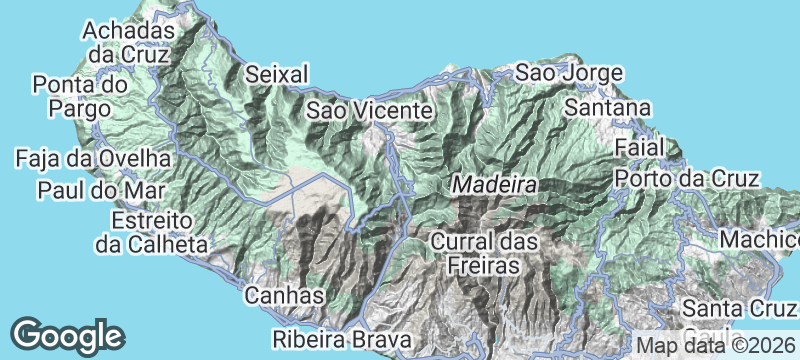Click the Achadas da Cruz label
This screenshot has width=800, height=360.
(x=130, y=41)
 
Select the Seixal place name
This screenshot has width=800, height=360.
(x=277, y=74)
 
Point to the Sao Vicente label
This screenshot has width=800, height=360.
(x=368, y=109)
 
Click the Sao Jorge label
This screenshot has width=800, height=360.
(x=569, y=73)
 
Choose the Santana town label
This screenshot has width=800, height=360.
(x=607, y=107)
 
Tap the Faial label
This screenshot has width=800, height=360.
(x=641, y=147)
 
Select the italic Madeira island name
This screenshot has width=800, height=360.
(x=494, y=185)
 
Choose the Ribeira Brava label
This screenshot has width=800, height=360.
(x=334, y=338)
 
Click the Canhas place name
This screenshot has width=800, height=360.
(x=285, y=296)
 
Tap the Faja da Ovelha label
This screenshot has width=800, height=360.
(x=93, y=158)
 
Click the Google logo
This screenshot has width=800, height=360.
(x=68, y=334)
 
